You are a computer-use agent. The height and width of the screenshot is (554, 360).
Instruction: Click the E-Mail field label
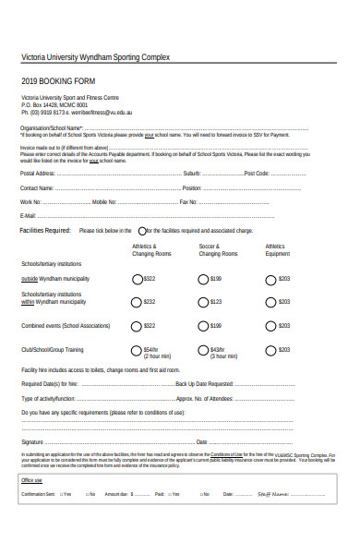(x=29, y=216)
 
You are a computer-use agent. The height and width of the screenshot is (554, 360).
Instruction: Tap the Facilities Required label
(x=45, y=230)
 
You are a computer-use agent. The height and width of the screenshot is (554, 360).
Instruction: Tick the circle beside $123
(x=204, y=301)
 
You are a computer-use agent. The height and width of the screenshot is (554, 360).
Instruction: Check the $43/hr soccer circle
(x=204, y=350)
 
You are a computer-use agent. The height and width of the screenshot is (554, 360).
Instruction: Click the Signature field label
(x=33, y=441)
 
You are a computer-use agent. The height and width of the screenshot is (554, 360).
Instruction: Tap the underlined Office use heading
(x=31, y=480)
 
